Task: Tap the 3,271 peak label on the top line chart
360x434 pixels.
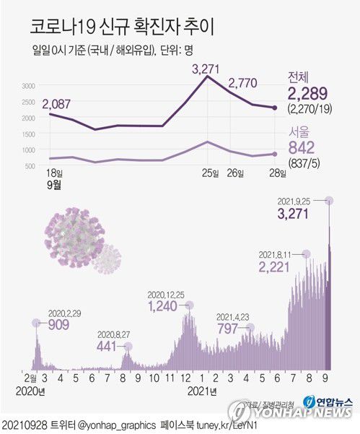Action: point(208,69)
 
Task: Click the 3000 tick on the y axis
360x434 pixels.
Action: point(27,86)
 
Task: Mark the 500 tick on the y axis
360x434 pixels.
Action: point(29,167)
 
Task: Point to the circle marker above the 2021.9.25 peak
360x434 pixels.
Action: point(330,200)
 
